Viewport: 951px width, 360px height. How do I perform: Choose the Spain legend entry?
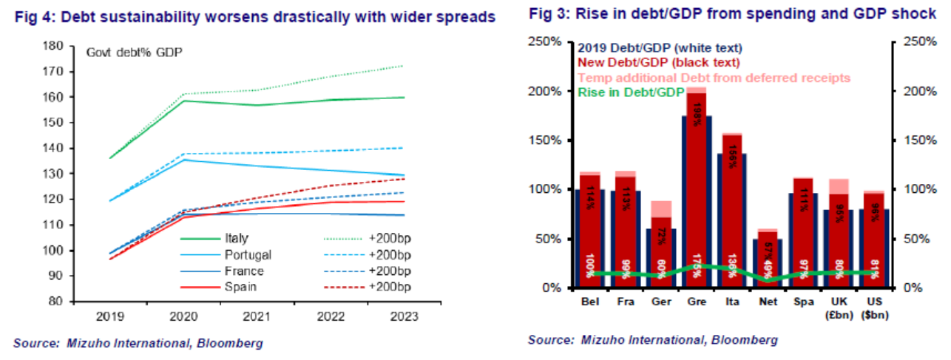tap(237, 286)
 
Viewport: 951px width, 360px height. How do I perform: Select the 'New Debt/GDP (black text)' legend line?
tap(659, 64)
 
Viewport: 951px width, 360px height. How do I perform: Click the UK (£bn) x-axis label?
tap(838, 308)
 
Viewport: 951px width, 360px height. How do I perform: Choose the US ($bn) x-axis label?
tap(873, 308)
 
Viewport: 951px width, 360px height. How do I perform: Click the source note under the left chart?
tap(138, 343)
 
